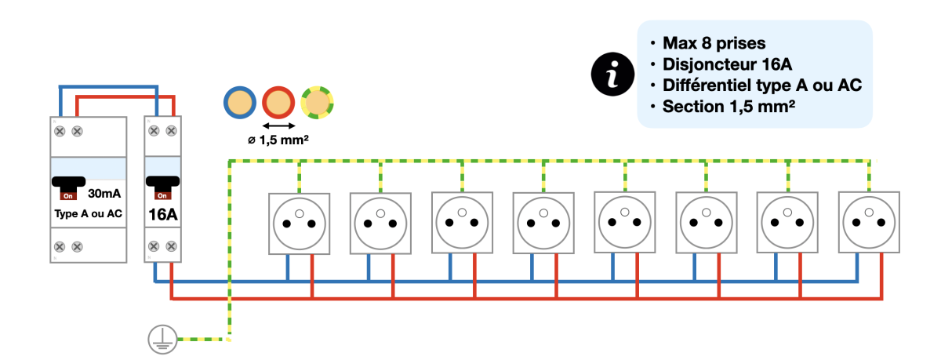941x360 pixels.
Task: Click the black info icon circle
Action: click(613, 75)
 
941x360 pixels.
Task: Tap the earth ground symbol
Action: click(160, 339)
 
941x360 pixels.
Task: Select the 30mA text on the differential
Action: click(104, 193)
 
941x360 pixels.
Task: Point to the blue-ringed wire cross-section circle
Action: click(239, 103)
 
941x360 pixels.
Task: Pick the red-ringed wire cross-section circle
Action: click(278, 103)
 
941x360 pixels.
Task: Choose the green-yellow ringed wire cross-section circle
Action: click(318, 103)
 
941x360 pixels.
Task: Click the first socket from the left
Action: click(299, 223)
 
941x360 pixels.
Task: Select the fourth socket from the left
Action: click(543, 223)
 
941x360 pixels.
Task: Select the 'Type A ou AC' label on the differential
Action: click(88, 213)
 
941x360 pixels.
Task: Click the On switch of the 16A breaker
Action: click(162, 188)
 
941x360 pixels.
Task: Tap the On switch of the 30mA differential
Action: click(69, 188)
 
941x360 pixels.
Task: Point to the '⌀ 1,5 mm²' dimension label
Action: click(278, 141)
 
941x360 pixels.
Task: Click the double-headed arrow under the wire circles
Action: click(278, 125)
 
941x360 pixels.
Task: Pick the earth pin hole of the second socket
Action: click(380, 213)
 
